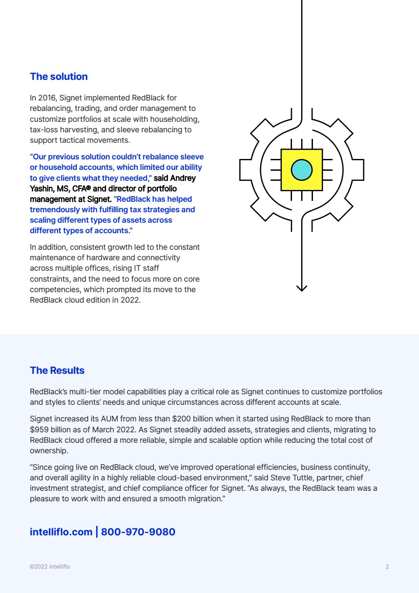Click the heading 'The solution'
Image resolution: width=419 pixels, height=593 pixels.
58,76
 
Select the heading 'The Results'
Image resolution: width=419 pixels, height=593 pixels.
57,370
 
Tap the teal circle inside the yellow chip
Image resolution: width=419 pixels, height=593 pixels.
302,170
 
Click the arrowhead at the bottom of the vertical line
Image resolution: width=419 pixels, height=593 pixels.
302,288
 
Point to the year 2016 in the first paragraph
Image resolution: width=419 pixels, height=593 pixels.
48,98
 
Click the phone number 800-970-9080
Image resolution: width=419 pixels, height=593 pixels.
138,532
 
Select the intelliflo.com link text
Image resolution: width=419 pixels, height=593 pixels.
61,532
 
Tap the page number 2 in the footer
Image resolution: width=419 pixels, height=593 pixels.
387,567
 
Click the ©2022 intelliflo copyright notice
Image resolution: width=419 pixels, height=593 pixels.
50,567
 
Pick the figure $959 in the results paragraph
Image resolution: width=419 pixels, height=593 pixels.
39,430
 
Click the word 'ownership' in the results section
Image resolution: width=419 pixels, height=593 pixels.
48,451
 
